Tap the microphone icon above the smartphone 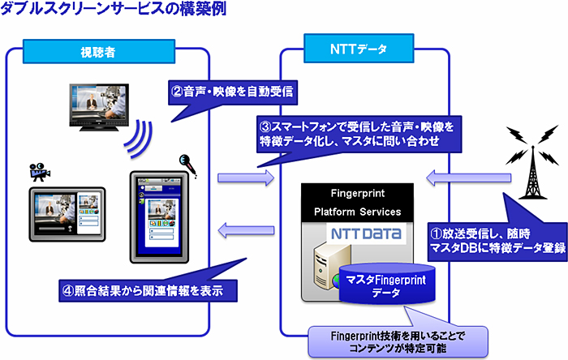coord(187,162)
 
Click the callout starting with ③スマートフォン coord(357,134)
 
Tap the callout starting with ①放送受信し coord(496,241)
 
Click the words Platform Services coord(358,212)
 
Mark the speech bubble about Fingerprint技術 coord(397,341)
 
